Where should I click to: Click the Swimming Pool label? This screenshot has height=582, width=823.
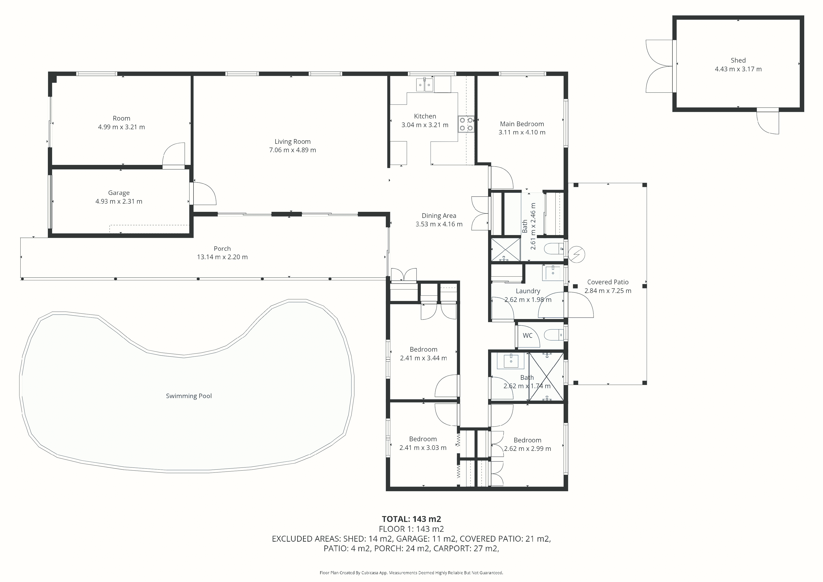[189, 396]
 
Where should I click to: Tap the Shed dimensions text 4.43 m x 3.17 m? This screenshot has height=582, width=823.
[738, 69]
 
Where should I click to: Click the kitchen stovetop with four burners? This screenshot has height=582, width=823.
[466, 124]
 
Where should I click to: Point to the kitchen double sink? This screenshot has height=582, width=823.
[425, 85]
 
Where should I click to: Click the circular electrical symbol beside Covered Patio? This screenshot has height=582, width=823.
[577, 255]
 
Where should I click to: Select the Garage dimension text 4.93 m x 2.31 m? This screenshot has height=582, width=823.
[119, 202]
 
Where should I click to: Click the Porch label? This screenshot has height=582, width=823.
[222, 248]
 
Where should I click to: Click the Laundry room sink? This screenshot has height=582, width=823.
[553, 273]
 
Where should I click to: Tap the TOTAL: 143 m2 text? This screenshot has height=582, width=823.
[411, 519]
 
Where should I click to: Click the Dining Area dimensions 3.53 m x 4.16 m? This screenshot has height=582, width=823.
[439, 224]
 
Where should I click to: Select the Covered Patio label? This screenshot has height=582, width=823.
[608, 282]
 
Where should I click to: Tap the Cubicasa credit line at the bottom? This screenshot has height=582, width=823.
[411, 573]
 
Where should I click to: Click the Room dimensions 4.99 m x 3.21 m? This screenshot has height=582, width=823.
[121, 127]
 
